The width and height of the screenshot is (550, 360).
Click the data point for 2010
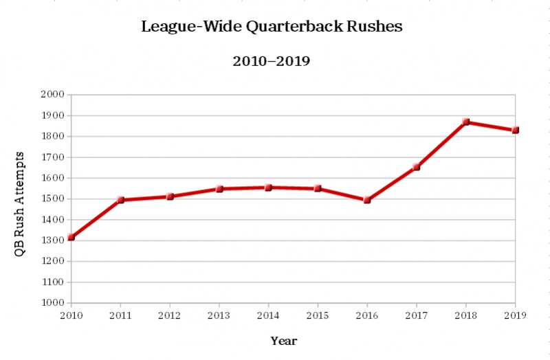(x=71, y=237)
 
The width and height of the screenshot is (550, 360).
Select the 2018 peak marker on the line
(x=466, y=122)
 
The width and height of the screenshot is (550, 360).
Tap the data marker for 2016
(x=367, y=200)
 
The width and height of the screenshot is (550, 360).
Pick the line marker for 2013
(x=219, y=188)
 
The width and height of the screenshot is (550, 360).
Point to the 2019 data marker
(x=515, y=130)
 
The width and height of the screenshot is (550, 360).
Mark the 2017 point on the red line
(x=417, y=166)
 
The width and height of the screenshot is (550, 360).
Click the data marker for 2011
(x=120, y=200)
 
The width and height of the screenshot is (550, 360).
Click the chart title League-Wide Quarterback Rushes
(x=272, y=27)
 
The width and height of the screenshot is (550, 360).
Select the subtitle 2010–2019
(x=272, y=61)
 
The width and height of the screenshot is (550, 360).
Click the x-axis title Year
(x=284, y=340)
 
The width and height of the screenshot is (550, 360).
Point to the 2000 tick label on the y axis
(x=52, y=95)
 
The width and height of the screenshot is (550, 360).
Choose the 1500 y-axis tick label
(x=52, y=199)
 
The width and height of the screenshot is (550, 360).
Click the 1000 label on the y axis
(x=52, y=303)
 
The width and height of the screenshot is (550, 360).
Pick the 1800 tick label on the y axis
(x=52, y=136)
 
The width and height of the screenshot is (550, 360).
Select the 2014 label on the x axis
(x=268, y=315)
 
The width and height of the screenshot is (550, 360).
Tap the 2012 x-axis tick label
(x=170, y=315)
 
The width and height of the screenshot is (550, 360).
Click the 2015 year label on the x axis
(x=318, y=315)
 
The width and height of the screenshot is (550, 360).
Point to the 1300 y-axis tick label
(x=52, y=240)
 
